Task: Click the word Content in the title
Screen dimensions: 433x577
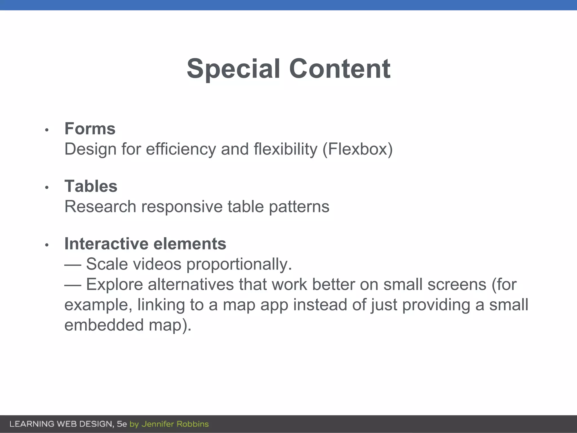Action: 340,69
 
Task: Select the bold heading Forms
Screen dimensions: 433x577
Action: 90,129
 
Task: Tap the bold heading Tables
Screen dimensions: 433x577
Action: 91,186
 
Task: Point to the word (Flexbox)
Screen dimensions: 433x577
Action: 358,149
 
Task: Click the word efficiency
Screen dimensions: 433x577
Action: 181,149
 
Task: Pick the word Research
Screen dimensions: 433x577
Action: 100,207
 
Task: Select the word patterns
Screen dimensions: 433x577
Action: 299,207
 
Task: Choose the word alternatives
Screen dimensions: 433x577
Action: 191,284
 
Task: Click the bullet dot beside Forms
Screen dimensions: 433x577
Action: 47,130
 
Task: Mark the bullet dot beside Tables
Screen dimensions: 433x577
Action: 47,187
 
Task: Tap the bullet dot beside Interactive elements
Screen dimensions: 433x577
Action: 47,245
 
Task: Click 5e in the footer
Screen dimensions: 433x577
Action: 122,424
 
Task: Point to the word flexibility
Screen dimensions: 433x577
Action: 285,149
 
